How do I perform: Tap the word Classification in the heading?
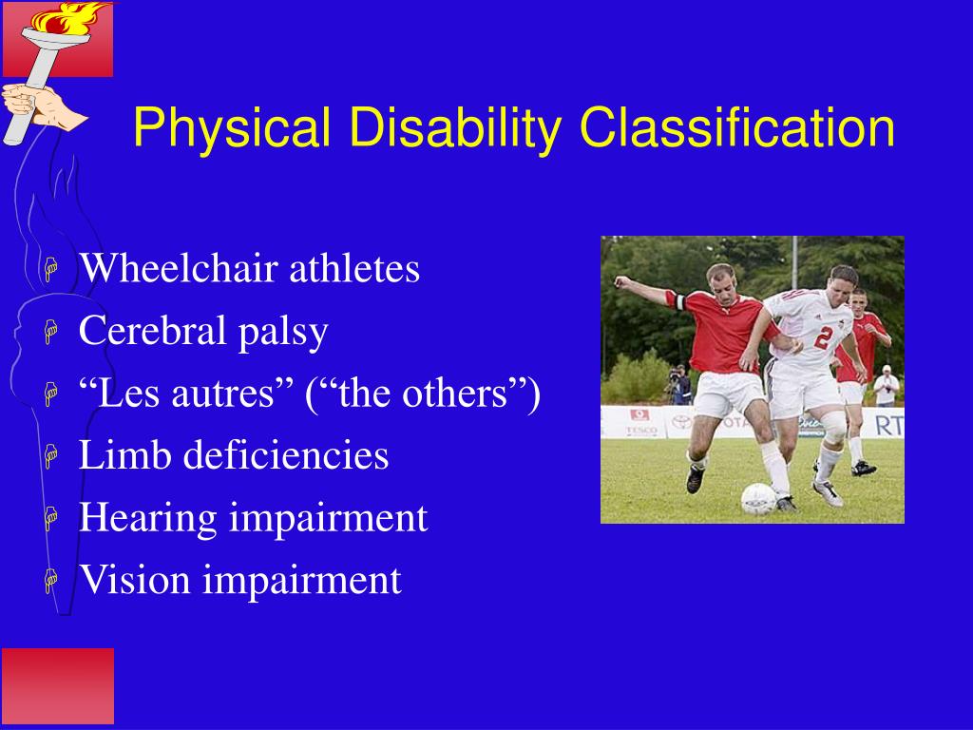738,129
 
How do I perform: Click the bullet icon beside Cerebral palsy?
51,334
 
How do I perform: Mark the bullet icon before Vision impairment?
51,581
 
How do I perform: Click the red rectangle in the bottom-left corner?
57,686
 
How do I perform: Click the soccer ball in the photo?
757,497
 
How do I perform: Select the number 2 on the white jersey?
824,334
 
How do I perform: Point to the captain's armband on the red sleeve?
677,301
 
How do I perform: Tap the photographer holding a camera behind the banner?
678,385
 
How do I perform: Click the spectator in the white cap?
886,385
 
